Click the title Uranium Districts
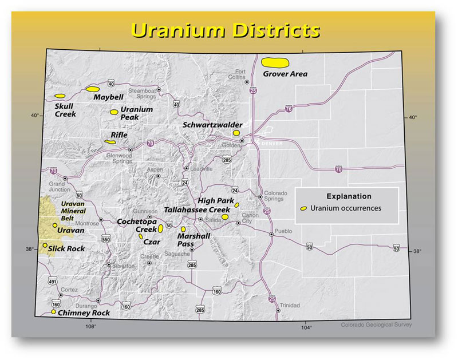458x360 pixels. [x=224, y=29]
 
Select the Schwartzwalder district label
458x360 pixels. [x=212, y=124]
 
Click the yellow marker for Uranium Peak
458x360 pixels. [x=114, y=112]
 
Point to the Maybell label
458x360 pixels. [x=108, y=97]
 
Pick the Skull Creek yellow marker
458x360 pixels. [x=59, y=96]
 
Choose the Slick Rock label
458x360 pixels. [x=66, y=248]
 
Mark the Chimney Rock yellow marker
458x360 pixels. [x=54, y=312]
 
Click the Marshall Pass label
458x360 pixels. [x=194, y=239]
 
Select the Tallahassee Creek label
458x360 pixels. [x=197, y=210]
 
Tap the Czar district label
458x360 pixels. [x=152, y=242]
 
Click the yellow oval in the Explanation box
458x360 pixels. [x=303, y=208]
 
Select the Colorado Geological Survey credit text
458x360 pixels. [x=375, y=326]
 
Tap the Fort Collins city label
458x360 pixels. [x=238, y=74]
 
